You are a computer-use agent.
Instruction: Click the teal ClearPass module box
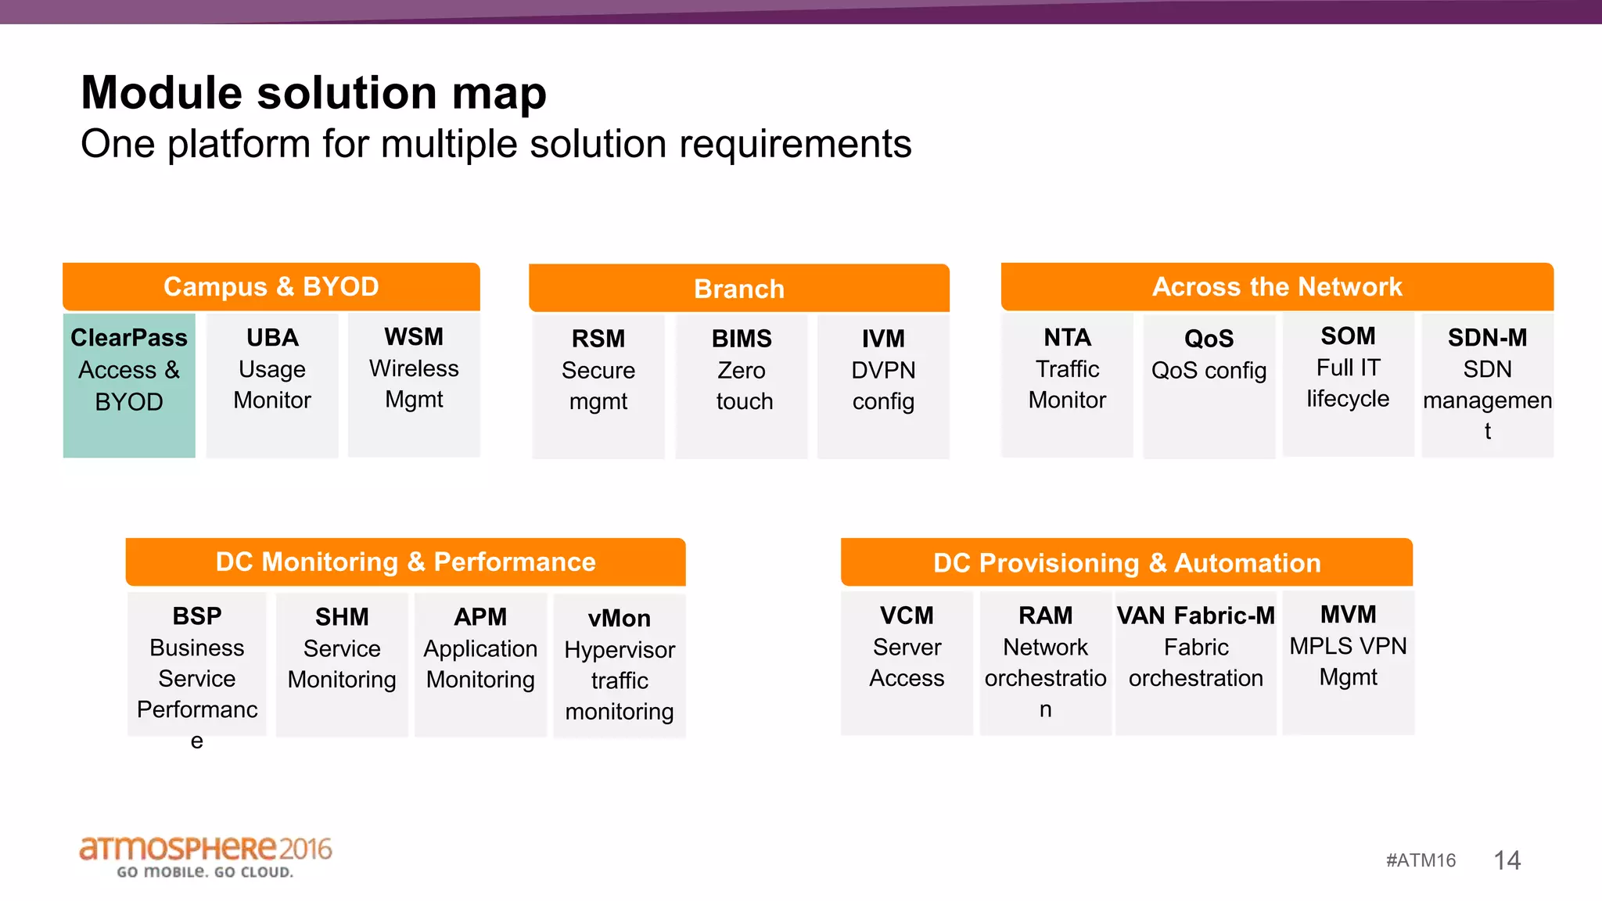129,385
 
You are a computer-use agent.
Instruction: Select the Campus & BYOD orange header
271,287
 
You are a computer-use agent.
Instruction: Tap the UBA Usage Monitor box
272,385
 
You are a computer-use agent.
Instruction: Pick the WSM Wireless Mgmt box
414,384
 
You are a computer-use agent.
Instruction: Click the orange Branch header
738,289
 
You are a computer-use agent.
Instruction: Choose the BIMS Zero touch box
742,386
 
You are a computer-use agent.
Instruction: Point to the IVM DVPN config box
883,386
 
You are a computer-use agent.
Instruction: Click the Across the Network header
1277,287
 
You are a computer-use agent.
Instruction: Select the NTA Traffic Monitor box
1067,384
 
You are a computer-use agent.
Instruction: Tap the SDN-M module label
1487,338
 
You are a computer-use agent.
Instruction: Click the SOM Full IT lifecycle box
1348,383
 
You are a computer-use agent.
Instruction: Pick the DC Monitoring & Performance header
405,562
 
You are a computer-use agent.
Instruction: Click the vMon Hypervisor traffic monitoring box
620,665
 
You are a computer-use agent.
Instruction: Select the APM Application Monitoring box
480,663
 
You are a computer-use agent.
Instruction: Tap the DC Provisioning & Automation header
1126,563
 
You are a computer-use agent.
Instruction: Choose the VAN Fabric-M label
1195,616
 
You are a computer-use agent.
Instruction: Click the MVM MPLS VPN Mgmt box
1348,662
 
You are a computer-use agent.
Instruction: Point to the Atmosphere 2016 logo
206,856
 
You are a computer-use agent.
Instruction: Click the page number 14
1507,860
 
